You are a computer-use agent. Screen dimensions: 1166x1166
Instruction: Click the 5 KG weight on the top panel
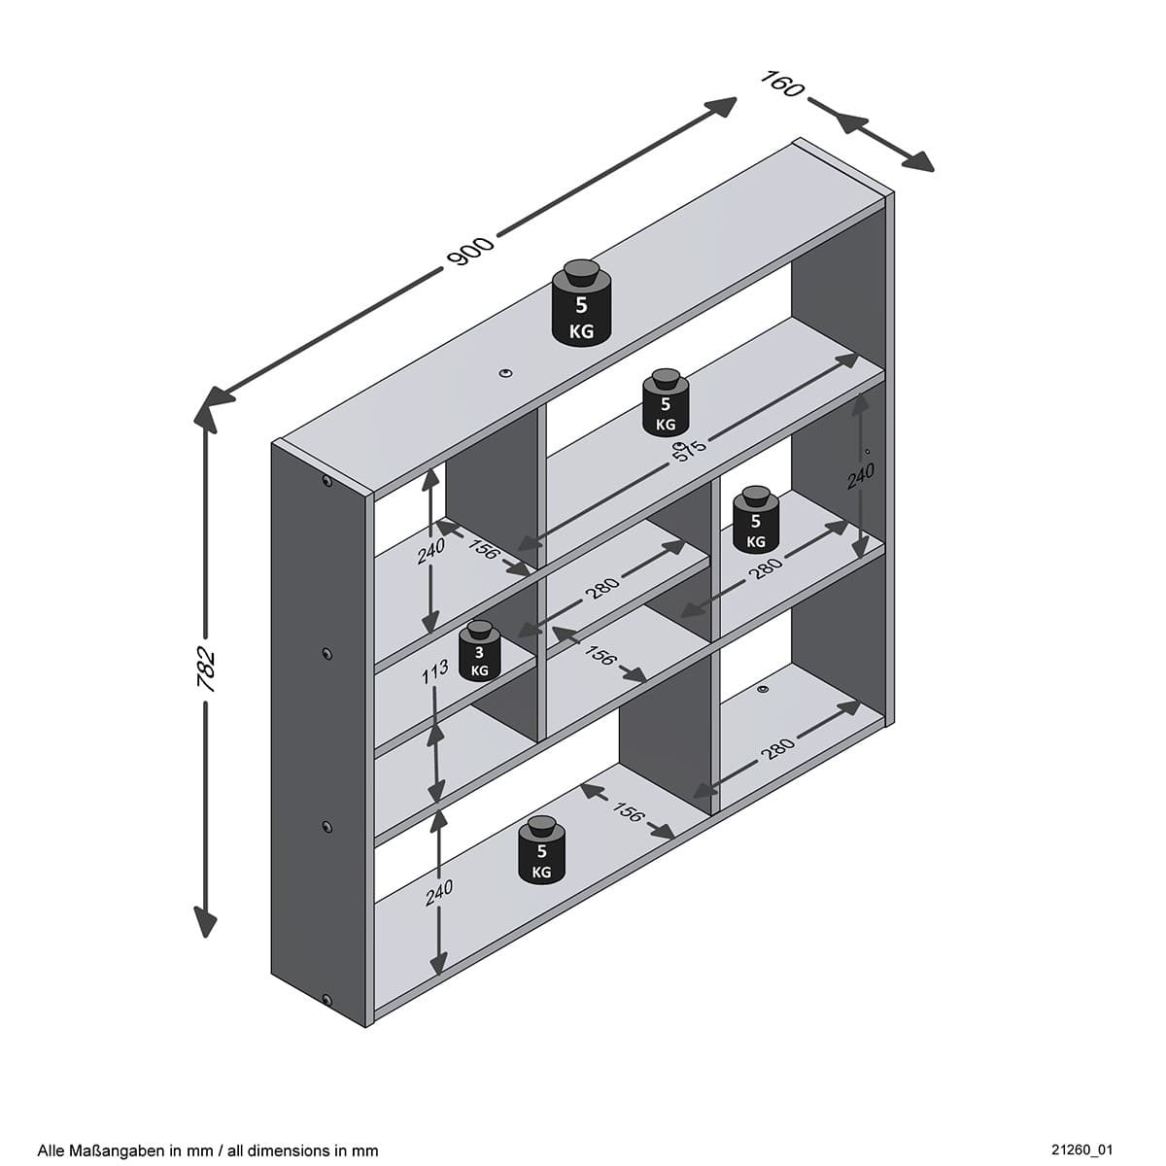coord(581,303)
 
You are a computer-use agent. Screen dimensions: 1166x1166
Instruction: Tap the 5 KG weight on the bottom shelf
coord(541,851)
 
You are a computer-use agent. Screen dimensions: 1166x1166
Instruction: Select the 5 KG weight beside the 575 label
coord(666,403)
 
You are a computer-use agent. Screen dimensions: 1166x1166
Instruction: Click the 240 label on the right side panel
coord(861,477)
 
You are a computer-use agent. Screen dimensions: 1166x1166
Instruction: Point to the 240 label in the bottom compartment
coord(439,892)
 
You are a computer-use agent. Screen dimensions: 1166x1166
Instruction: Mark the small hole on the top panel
coord(505,372)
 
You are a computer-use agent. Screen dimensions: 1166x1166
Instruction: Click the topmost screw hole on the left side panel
coord(326,481)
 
